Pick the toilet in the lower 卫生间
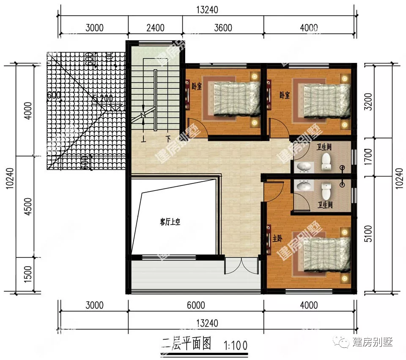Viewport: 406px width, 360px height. click(326, 191)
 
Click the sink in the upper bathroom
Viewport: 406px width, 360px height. click(303, 167)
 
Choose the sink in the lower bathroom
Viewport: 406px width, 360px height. click(303, 185)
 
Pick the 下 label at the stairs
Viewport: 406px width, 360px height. click(168, 139)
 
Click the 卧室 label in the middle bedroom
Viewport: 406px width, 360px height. click(285, 95)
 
